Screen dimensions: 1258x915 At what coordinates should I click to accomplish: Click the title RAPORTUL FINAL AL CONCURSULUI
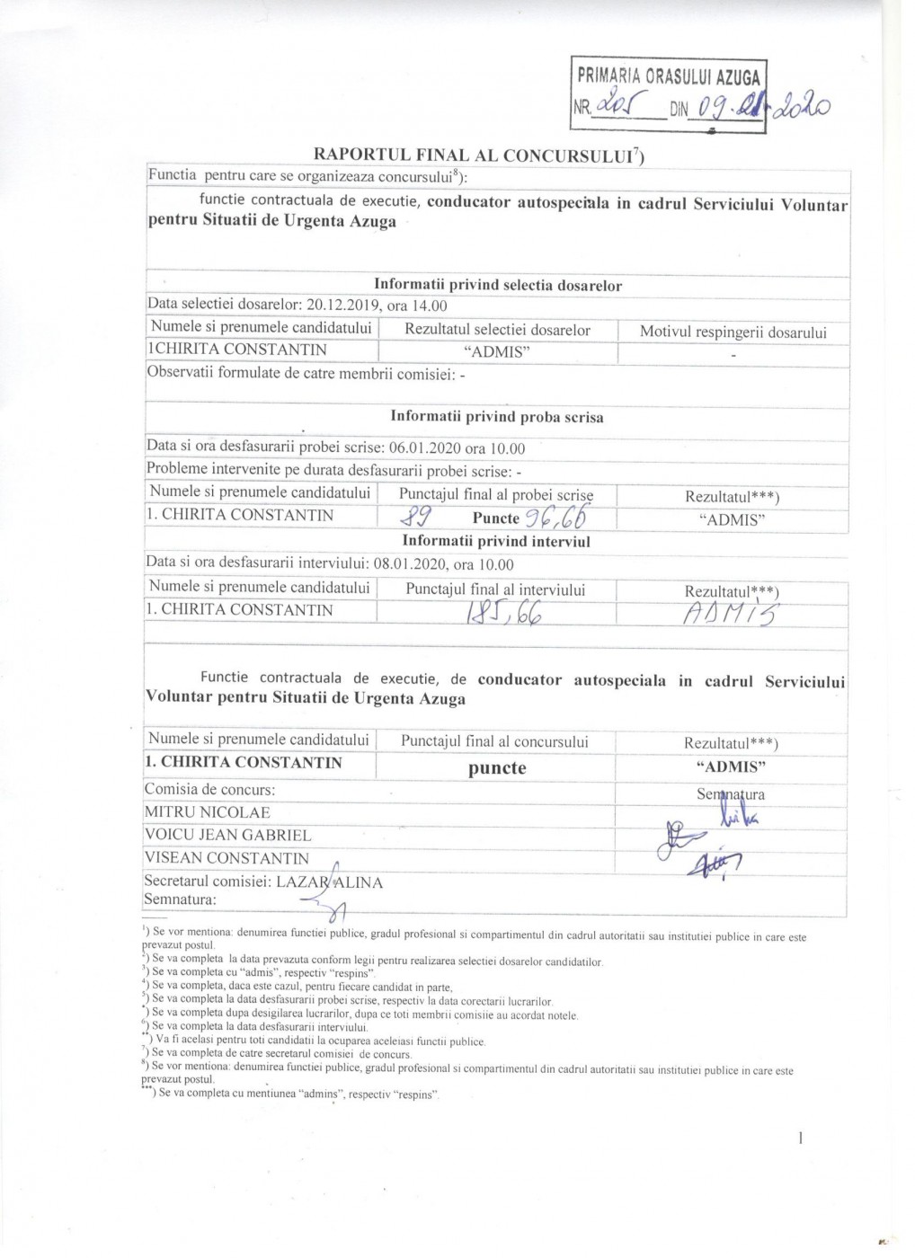478,154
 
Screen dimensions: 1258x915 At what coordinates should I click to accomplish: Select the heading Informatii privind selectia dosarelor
498,286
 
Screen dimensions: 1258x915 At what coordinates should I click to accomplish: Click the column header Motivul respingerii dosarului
733,332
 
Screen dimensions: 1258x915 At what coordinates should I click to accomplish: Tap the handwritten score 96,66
558,517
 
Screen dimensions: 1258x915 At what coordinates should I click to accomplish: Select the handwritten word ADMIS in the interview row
732,614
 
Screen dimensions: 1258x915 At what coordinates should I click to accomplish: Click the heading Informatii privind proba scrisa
496,417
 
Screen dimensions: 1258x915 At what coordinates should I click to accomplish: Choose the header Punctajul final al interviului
495,590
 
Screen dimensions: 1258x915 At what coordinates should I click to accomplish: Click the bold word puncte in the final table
497,768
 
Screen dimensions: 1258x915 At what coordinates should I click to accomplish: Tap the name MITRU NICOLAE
208,812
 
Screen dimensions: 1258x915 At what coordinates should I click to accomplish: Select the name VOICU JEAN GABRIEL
228,836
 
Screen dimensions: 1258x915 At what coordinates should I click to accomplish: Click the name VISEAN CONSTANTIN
227,859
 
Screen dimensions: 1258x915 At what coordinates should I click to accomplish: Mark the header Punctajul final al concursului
494,741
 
